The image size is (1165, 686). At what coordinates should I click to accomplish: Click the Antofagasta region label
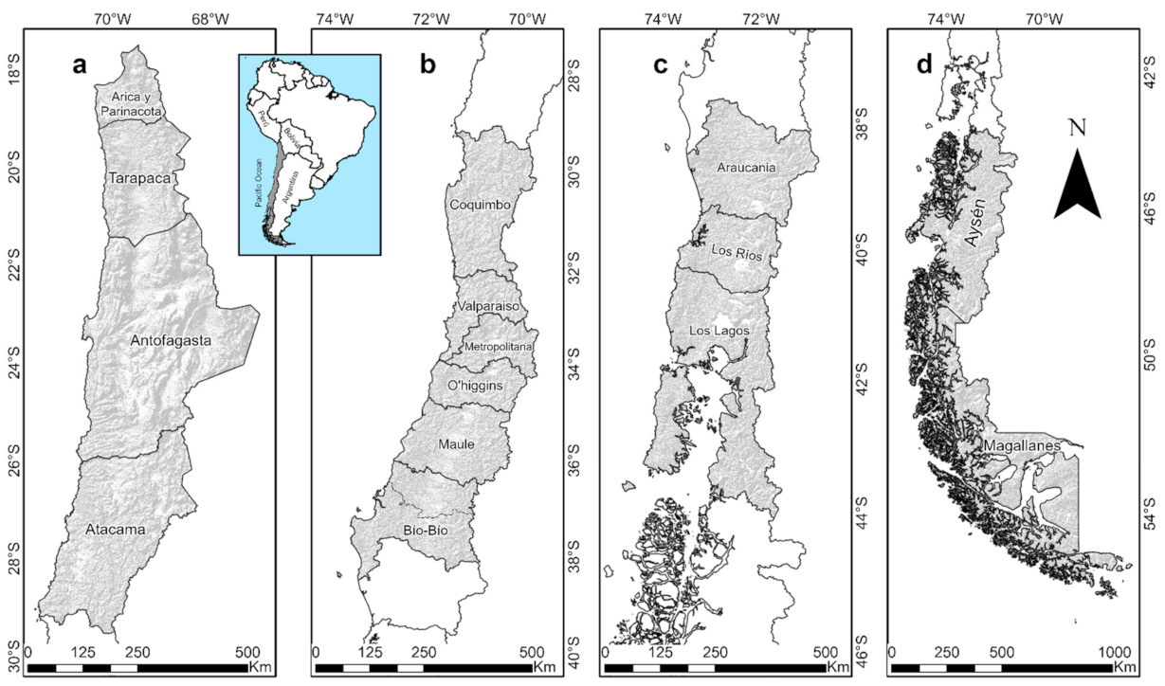[172, 339]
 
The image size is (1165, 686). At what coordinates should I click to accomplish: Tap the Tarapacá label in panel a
[139, 178]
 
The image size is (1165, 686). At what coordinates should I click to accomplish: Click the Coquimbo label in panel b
[481, 205]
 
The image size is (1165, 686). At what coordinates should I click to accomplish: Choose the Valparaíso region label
[486, 307]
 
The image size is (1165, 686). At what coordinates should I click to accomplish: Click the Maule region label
[456, 443]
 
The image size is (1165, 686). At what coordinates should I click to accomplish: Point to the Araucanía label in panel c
[747, 168]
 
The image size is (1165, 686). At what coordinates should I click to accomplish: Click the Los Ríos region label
[736, 255]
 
